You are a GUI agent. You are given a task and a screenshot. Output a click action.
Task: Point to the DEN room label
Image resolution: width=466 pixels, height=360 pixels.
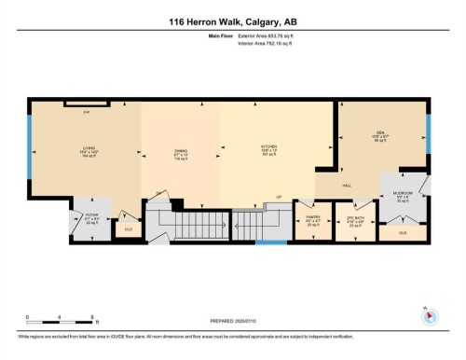[x=380, y=137]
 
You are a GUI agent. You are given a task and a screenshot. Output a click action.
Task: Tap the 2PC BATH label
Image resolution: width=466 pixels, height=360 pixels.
[x=353, y=220]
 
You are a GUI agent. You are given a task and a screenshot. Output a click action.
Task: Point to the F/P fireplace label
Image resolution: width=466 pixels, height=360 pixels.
[x=87, y=112]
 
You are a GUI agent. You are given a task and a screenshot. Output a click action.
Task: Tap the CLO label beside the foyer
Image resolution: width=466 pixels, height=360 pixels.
[x=130, y=228]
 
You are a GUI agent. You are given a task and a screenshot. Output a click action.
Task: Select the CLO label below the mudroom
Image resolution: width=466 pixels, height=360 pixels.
[x=403, y=232]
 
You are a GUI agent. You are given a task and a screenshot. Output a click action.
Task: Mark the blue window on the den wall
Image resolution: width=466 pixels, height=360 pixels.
[x=430, y=133]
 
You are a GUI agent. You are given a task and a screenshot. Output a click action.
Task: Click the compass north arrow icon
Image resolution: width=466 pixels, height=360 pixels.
[x=429, y=315]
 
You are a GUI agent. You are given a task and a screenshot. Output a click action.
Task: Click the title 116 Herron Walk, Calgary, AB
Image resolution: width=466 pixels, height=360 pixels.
[x=232, y=22]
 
